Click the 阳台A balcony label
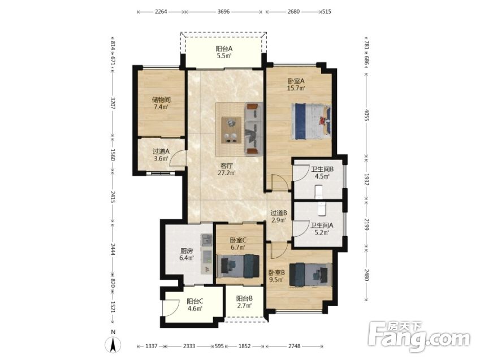(x=224, y=49)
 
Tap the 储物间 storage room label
(x=161, y=100)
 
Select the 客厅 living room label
(x=227, y=166)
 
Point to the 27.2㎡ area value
(x=227, y=174)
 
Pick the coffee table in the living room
(x=231, y=130)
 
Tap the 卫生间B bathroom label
(x=322, y=169)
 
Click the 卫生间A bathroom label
(x=322, y=225)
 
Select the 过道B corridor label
(x=279, y=212)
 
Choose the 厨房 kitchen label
(x=186, y=251)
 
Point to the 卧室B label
(x=276, y=272)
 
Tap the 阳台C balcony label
(x=195, y=301)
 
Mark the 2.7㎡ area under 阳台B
(x=244, y=306)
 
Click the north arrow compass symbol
(x=113, y=345)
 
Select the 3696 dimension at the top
(x=223, y=12)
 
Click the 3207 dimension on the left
(x=113, y=103)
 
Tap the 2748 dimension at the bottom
(x=294, y=346)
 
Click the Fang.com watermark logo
(x=419, y=336)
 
